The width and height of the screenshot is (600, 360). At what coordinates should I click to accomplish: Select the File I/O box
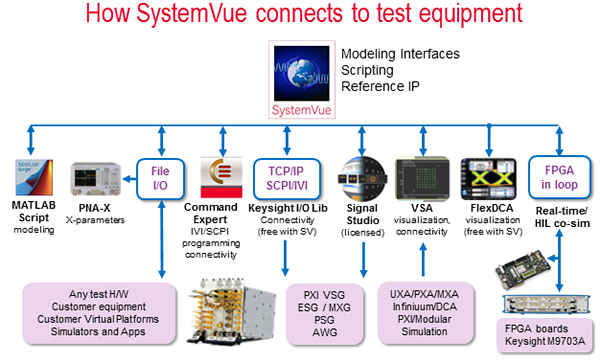pyautogui.click(x=161, y=176)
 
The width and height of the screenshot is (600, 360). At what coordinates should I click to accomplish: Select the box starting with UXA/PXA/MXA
pyautogui.click(x=426, y=313)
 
